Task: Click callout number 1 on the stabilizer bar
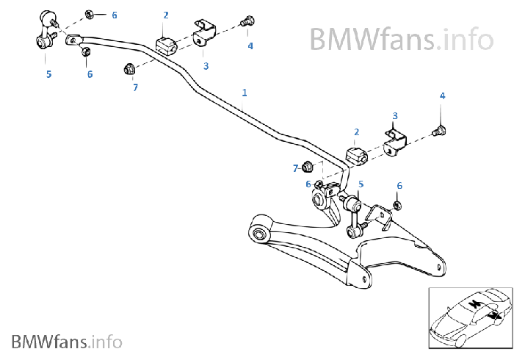pos(245,93)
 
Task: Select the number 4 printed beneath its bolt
pos(250,46)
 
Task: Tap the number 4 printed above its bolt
pos(442,96)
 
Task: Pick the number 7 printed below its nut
pos(135,87)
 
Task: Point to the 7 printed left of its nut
pos(295,168)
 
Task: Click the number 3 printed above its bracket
pos(395,116)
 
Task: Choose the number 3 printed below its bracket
pos(206,66)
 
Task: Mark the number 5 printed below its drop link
pos(48,73)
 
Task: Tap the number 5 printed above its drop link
pos(361,184)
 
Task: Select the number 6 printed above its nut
pos(399,186)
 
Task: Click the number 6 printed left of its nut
pos(308,184)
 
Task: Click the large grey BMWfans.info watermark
pos(400,37)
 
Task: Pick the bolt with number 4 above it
pos(441,132)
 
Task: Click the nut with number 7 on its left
pos(308,167)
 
